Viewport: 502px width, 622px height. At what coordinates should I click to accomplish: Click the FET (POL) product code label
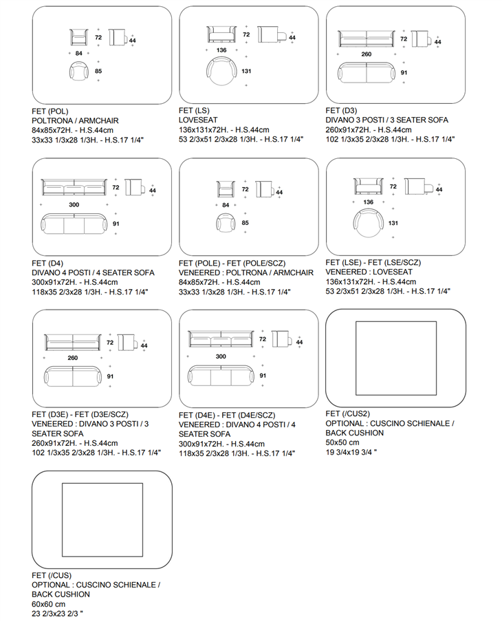50,111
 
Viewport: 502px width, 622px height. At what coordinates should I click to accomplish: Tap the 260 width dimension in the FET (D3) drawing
367,54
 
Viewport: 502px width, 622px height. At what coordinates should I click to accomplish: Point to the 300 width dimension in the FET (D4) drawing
74,204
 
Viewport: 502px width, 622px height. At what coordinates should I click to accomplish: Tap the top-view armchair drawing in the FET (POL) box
78,72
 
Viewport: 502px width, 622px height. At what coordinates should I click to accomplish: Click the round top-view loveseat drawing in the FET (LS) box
221,71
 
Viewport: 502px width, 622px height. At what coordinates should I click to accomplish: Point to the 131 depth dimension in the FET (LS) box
246,71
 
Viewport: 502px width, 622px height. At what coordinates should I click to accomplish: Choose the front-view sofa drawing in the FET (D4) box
74,187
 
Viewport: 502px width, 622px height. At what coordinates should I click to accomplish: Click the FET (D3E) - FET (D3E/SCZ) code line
80,414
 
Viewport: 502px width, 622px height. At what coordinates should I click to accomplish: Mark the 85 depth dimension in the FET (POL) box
98,71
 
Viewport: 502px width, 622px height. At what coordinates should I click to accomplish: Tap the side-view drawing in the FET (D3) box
422,39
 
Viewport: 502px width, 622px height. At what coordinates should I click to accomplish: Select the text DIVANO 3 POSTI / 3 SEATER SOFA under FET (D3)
387,120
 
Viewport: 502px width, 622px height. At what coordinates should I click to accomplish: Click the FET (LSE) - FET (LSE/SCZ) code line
373,262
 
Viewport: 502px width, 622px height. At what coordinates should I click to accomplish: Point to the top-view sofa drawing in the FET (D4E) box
221,375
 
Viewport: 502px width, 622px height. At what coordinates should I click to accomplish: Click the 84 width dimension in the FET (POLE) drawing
226,205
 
